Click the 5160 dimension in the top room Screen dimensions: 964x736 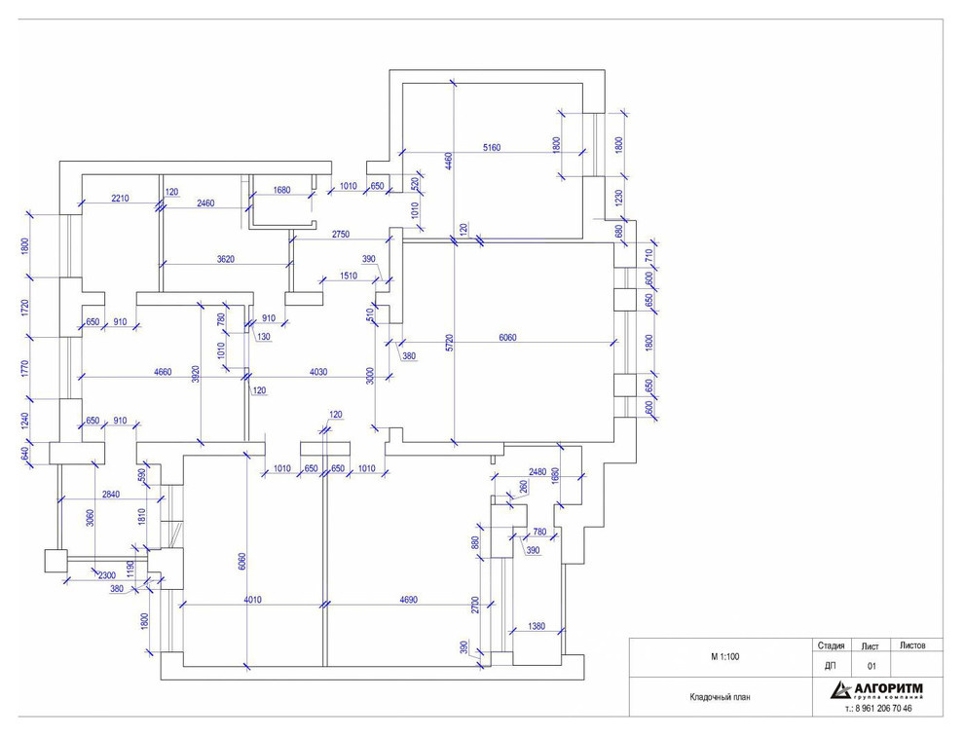pyautogui.click(x=491, y=148)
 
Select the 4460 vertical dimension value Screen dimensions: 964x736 pyautogui.click(x=449, y=162)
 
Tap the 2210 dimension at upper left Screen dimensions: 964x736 pyautogui.click(x=120, y=198)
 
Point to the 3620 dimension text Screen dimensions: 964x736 pyautogui.click(x=226, y=259)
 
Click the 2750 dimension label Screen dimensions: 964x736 pyautogui.click(x=341, y=235)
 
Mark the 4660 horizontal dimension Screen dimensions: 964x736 pyautogui.click(x=163, y=372)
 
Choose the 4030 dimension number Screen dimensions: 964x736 pyautogui.click(x=317, y=372)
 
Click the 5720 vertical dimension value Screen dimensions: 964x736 pyautogui.click(x=450, y=343)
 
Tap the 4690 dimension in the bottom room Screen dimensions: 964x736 pyautogui.click(x=408, y=600)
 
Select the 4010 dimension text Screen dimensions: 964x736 pyautogui.click(x=252, y=600)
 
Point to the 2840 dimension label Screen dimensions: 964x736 pyautogui.click(x=111, y=494)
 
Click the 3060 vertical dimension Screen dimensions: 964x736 pyautogui.click(x=90, y=518)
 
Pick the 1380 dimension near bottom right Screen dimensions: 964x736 pyautogui.click(x=537, y=626)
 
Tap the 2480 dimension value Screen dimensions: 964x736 pyautogui.click(x=537, y=471)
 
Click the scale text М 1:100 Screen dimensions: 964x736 pyautogui.click(x=724, y=657)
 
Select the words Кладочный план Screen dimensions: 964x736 pyautogui.click(x=720, y=697)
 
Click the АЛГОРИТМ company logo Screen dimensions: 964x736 pyautogui.click(x=876, y=690)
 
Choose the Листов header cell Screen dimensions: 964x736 pyautogui.click(x=911, y=645)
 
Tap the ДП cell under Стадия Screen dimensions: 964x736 pyautogui.click(x=830, y=666)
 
